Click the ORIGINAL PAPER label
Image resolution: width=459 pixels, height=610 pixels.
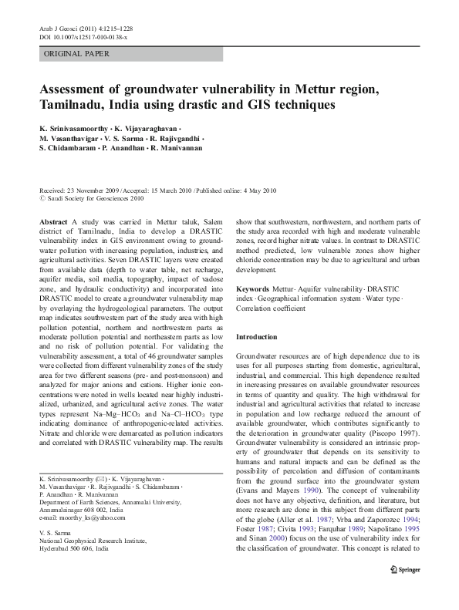pos(76,54)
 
